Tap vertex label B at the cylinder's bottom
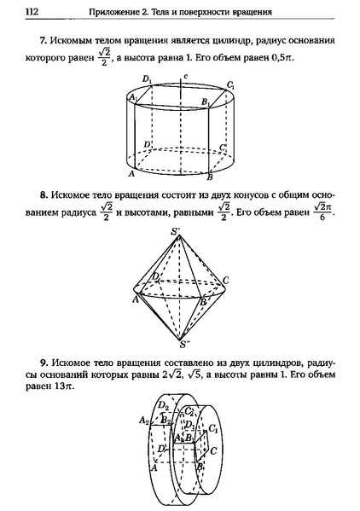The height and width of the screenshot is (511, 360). coord(210,177)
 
